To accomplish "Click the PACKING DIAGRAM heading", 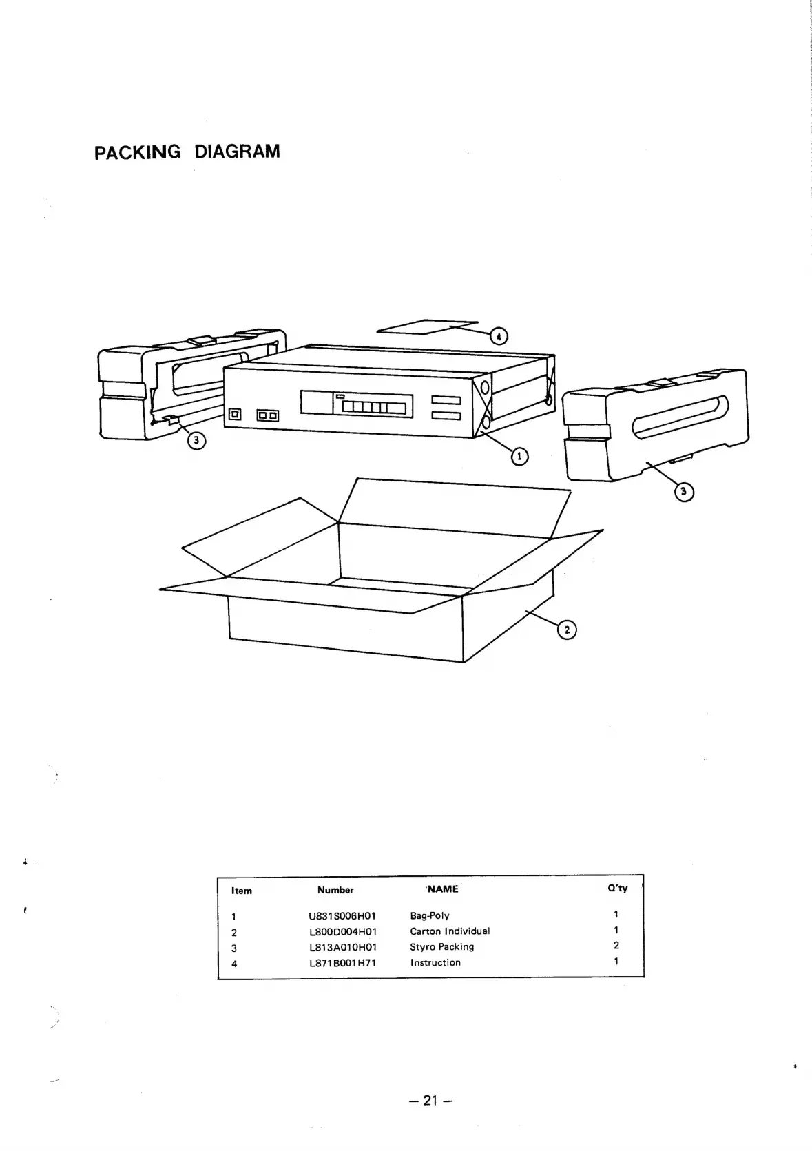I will point(187,152).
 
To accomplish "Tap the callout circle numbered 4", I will point(498,336).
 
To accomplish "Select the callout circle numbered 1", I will point(519,455).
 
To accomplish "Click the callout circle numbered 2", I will point(566,630).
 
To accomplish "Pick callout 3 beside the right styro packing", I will point(683,491).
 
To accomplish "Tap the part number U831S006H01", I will point(343,916).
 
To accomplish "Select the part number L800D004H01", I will point(343,932).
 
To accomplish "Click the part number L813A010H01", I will point(343,947).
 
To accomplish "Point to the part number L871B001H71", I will point(343,963).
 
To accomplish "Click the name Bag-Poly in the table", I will point(430,916).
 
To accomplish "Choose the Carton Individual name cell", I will point(450,931).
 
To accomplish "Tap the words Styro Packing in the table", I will point(442,947).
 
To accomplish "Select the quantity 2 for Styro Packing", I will point(616,946).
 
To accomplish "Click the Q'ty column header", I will point(617,889).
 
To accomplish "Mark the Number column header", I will point(335,890).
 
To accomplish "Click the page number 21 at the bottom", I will point(430,1101).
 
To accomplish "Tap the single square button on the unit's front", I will point(235,415).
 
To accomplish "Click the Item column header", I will point(242,891).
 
